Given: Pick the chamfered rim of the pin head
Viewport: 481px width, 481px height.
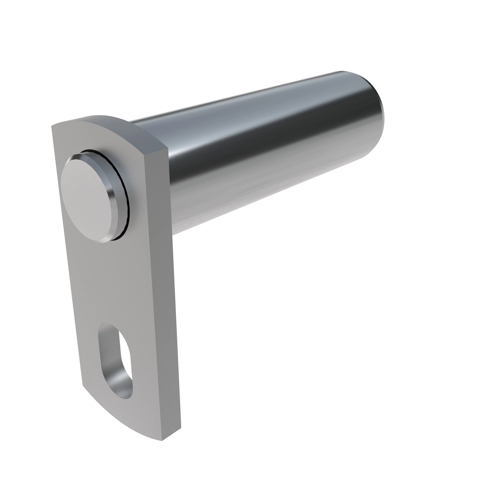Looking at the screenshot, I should click(x=112, y=200).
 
